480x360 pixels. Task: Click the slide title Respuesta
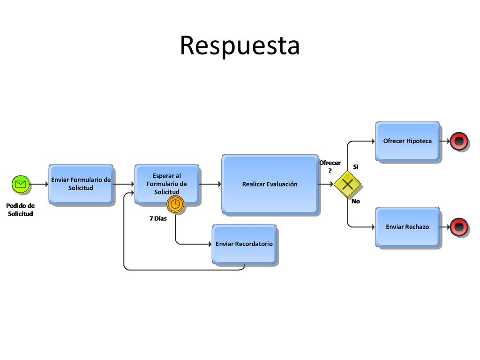coord(240,45)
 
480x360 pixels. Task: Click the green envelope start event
coord(21,184)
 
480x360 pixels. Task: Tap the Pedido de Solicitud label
coord(20,210)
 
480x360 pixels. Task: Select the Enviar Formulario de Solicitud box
coord(81,184)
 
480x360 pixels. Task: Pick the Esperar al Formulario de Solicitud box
coord(167,184)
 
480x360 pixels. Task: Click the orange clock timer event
coord(175,204)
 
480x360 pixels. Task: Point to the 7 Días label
coord(158,218)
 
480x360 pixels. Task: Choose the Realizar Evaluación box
coord(270,184)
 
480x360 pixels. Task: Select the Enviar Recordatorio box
coord(244,244)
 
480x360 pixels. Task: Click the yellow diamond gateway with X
coord(347,184)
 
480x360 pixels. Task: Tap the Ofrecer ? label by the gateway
coord(330,167)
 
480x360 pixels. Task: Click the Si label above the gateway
coord(356,167)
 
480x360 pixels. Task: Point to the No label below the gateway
coord(356,202)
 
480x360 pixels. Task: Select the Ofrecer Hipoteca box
coord(407,141)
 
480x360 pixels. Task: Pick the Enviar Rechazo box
coord(407,227)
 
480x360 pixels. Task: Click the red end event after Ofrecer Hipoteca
coord(459,141)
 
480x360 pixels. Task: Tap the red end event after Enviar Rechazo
coord(459,227)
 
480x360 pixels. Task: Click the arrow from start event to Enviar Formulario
coord(39,184)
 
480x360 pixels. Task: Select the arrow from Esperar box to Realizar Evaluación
coord(210,184)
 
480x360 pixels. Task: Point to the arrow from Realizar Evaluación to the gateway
coord(326,184)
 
